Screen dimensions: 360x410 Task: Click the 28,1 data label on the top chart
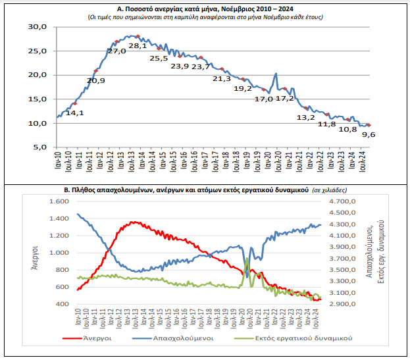[x=138, y=45]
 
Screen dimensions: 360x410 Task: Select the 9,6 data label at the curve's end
[x=369, y=134]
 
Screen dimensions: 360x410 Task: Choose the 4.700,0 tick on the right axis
[x=341, y=201]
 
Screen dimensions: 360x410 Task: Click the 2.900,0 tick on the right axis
[x=341, y=304]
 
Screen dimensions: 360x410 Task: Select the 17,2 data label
[x=284, y=99]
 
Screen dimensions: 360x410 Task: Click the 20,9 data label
[x=96, y=80]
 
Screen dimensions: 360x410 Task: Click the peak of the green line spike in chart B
[x=247, y=258]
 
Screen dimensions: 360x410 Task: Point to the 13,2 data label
[x=307, y=118]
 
